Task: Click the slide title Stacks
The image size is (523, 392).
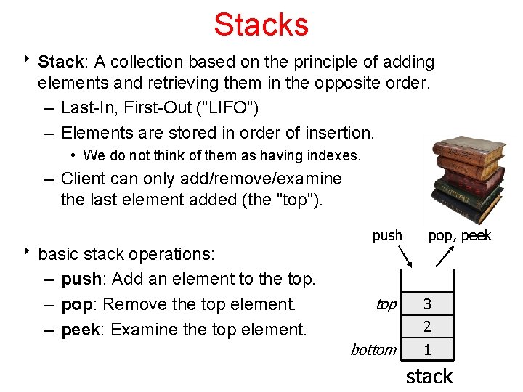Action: pos(261,24)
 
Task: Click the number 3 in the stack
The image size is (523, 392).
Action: pos(427,303)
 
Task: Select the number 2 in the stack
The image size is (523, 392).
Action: pos(427,327)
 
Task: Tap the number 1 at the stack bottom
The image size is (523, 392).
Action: pos(427,350)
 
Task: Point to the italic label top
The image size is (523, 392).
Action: pos(386,304)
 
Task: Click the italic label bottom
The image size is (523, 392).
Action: pos(373,350)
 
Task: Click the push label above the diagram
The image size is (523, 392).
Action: pos(387,235)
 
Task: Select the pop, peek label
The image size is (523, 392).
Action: pos(460,235)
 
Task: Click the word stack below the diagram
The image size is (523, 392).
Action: pos(429,376)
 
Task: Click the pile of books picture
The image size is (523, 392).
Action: pos(468,179)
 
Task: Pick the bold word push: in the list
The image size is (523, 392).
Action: pos(83,279)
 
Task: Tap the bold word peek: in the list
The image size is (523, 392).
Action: pos(83,330)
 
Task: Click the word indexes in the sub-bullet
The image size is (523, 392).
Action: pos(334,155)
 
